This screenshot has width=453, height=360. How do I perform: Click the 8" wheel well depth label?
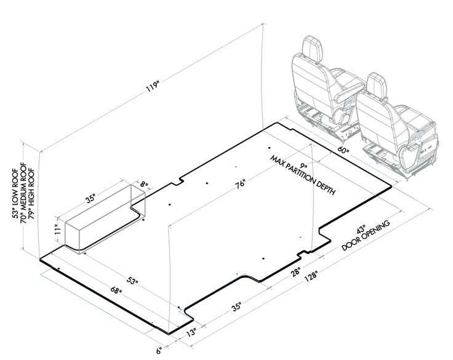tap(144, 184)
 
